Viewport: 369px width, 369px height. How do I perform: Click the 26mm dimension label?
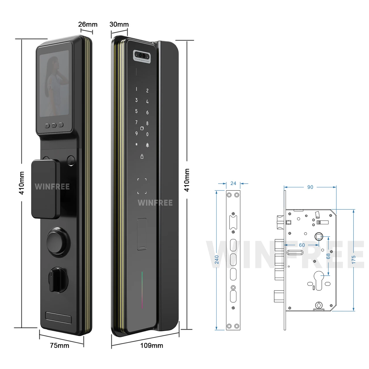88,24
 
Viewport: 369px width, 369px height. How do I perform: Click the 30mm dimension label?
119,24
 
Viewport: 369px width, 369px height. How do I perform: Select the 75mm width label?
59,345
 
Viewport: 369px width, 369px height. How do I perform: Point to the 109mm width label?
152,345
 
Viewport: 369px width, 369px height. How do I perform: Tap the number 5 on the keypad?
136,111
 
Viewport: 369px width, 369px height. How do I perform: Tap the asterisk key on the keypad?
136,145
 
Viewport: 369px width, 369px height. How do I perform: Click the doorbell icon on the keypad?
147,145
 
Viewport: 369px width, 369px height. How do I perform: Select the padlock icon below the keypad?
142,156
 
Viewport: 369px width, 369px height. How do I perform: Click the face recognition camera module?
142,55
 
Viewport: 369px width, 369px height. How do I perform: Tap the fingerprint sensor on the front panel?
142,234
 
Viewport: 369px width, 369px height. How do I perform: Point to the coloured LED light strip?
142,290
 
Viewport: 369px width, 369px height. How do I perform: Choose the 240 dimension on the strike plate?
217,259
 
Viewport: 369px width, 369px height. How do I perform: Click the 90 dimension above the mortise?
310,187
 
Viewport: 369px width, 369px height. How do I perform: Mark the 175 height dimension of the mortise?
353,259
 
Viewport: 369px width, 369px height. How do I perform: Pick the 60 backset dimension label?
302,245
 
